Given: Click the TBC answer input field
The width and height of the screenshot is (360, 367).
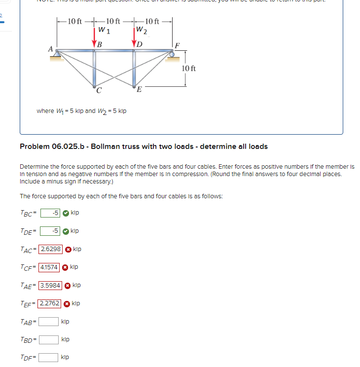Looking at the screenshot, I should [x=50, y=213].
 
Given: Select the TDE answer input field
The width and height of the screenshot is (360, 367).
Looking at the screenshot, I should [x=50, y=231].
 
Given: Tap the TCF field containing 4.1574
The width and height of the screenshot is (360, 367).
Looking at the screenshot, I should [x=49, y=267].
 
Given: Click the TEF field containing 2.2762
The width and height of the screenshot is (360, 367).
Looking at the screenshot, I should [x=50, y=303].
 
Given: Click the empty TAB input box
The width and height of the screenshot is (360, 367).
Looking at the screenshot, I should [x=49, y=322].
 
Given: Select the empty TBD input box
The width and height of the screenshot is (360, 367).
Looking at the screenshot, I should [x=49, y=339].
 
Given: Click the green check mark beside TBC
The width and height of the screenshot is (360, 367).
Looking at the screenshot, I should [x=66, y=213].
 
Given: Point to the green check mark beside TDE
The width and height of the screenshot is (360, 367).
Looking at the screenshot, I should [x=66, y=231].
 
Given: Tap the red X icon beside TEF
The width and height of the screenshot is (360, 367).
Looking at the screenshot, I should [x=66, y=303].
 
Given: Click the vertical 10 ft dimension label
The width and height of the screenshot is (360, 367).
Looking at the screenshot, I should [x=188, y=68].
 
